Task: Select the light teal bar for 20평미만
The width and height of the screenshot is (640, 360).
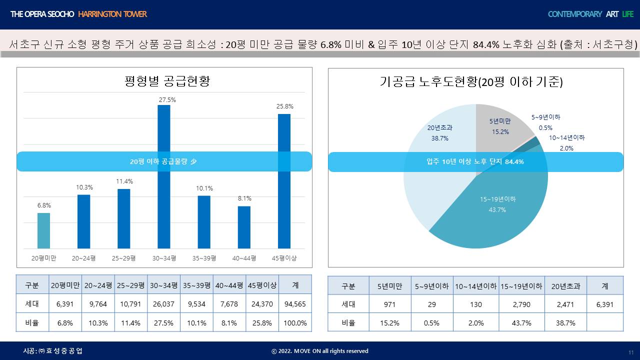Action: [x=44, y=230]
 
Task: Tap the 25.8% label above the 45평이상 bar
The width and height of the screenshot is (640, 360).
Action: [x=284, y=106]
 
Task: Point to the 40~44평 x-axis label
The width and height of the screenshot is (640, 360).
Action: [x=244, y=258]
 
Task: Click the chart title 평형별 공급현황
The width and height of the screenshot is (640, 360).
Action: [x=167, y=81]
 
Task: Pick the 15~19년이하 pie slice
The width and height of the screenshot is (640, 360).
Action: [x=495, y=210]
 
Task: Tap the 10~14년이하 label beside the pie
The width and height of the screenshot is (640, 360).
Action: [x=566, y=138]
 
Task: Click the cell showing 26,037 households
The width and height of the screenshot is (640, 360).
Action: [x=164, y=304]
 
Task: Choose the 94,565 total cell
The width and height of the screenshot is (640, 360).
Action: [x=295, y=304]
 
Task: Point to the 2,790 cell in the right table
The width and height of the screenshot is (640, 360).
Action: [x=521, y=304]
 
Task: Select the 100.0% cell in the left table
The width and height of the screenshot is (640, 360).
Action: [x=295, y=323]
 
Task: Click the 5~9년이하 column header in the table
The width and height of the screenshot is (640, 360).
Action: [x=432, y=286]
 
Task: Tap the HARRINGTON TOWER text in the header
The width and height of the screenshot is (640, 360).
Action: [x=112, y=14]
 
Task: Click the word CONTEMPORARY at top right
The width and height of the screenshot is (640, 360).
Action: [x=574, y=14]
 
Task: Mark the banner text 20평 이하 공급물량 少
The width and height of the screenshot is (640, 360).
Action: [x=164, y=161]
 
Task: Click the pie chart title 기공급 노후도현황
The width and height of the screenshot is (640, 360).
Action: [x=471, y=82]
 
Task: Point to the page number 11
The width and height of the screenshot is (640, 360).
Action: [x=630, y=352]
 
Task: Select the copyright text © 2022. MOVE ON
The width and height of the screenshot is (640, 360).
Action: [x=319, y=351]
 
